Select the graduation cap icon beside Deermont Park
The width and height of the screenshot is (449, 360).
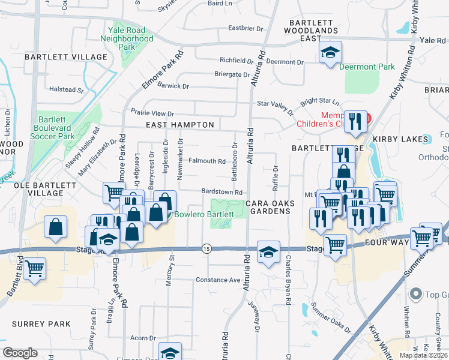pyautogui.click(x=330, y=53)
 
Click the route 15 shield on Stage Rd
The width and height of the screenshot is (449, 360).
pyautogui.click(x=206, y=248)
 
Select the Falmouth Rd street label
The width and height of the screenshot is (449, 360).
pyautogui.click(x=206, y=161)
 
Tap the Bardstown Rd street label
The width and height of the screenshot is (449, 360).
pyautogui.click(x=221, y=192)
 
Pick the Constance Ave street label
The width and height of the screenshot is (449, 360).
pyautogui.click(x=218, y=280)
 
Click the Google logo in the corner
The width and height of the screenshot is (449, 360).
pyautogui.click(x=20, y=353)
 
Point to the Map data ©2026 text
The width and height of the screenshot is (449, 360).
pyautogui.click(x=423, y=355)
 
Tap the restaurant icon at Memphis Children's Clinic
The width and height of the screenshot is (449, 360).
pyautogui.click(x=356, y=121)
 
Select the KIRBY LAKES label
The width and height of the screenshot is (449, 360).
pyautogui.click(x=402, y=139)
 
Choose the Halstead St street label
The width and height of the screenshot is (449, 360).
pyautogui.click(x=66, y=89)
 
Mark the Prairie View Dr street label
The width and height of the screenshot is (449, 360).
pyautogui.click(x=152, y=113)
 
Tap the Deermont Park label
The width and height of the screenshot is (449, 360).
pyautogui.click(x=367, y=67)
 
